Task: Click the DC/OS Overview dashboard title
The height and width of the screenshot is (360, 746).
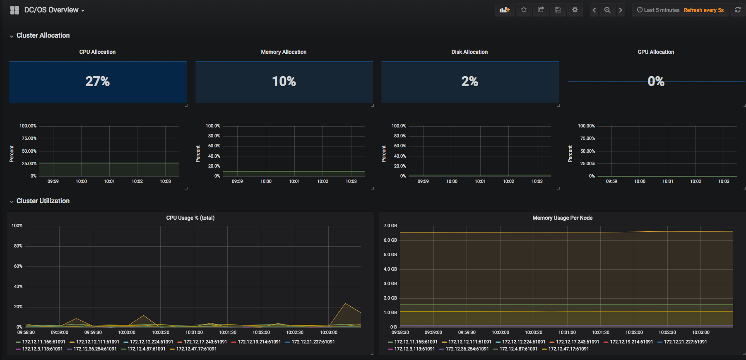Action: (x=51, y=10)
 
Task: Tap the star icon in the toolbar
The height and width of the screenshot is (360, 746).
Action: (x=524, y=10)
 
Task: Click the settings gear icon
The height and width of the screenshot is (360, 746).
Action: (x=575, y=10)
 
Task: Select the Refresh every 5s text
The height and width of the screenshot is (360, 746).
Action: (x=703, y=10)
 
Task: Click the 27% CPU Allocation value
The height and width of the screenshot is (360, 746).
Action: (x=98, y=81)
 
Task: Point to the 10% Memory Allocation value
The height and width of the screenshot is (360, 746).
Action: (x=284, y=81)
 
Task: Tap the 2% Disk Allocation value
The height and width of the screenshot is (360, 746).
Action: (x=470, y=81)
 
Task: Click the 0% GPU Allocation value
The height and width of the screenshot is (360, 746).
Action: (x=656, y=81)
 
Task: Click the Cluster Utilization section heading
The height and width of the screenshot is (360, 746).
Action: (x=43, y=201)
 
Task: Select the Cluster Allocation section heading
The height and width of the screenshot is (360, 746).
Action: (x=43, y=35)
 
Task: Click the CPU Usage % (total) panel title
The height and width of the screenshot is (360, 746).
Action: (x=190, y=218)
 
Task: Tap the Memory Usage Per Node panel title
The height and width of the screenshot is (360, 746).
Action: (x=563, y=218)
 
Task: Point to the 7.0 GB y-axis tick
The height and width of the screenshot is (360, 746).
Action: (x=390, y=226)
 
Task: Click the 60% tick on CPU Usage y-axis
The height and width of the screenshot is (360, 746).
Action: (x=18, y=266)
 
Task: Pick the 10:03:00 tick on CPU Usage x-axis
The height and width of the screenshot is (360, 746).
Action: (x=329, y=332)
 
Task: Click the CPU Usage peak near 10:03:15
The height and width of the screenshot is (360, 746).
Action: (x=345, y=303)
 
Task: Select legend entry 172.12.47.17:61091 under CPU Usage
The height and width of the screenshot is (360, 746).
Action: (x=196, y=349)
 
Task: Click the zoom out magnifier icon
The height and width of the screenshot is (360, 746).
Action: (x=607, y=10)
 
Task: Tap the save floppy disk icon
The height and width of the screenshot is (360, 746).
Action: (x=558, y=10)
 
